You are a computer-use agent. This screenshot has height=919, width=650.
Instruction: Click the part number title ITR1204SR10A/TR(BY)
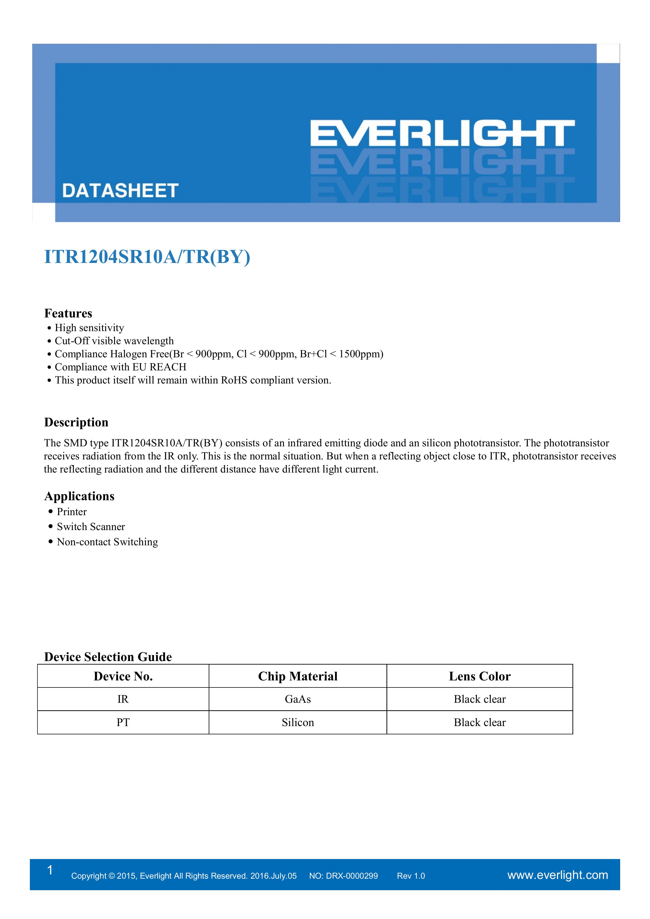pyautogui.click(x=147, y=257)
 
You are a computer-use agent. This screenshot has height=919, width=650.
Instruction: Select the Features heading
pyautogui.click(x=68, y=313)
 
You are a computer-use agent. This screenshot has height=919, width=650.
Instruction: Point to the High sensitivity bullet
pyautogui.click(x=89, y=328)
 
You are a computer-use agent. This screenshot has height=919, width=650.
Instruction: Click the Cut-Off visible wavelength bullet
pyautogui.click(x=114, y=341)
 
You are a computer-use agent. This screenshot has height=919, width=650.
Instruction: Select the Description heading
pyautogui.click(x=76, y=422)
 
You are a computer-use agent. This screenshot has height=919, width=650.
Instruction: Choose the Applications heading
pyautogui.click(x=79, y=496)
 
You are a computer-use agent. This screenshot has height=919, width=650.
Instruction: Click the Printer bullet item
pyautogui.click(x=72, y=512)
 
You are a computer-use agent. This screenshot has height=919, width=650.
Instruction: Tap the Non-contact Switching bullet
pyautogui.click(x=107, y=542)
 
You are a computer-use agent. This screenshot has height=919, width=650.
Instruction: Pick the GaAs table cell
pyautogui.click(x=298, y=699)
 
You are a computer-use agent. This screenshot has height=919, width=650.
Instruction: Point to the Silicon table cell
pyautogui.click(x=298, y=723)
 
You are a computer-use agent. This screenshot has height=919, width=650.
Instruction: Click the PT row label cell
pyautogui.click(x=123, y=723)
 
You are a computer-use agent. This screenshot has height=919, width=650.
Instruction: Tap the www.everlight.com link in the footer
pyautogui.click(x=558, y=875)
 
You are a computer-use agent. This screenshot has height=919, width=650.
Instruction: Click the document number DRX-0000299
pyautogui.click(x=352, y=876)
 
